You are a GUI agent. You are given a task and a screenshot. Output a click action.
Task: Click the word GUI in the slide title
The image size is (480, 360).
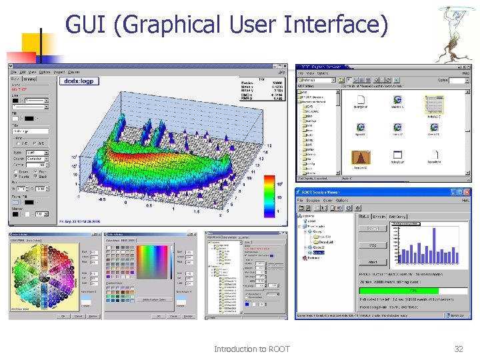(85, 25)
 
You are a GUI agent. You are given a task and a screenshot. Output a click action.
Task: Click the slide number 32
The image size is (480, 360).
(458, 349)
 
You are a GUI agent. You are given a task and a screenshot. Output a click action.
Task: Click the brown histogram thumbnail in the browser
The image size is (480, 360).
(361, 157)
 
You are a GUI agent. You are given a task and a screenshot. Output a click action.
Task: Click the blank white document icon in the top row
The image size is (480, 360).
(361, 99)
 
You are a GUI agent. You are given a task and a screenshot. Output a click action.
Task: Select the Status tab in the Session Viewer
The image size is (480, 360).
(365, 216)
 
